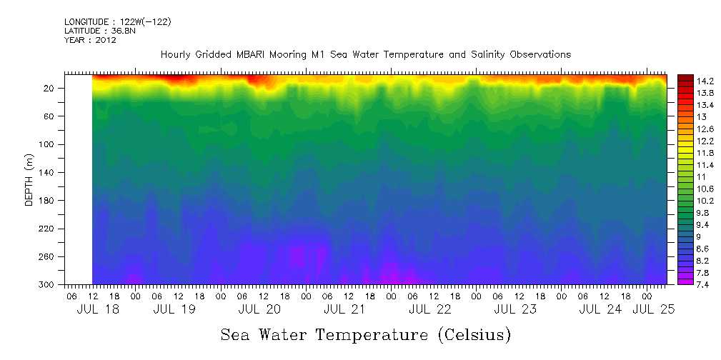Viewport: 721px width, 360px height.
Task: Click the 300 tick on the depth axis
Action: coord(51,285)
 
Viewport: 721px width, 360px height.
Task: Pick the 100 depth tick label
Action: coord(51,144)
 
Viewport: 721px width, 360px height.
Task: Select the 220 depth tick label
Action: coord(51,229)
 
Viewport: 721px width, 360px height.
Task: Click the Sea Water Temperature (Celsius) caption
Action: coord(366,335)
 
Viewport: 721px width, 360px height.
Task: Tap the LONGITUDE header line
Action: coord(117,22)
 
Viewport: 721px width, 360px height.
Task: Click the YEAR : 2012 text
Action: coord(90,41)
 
